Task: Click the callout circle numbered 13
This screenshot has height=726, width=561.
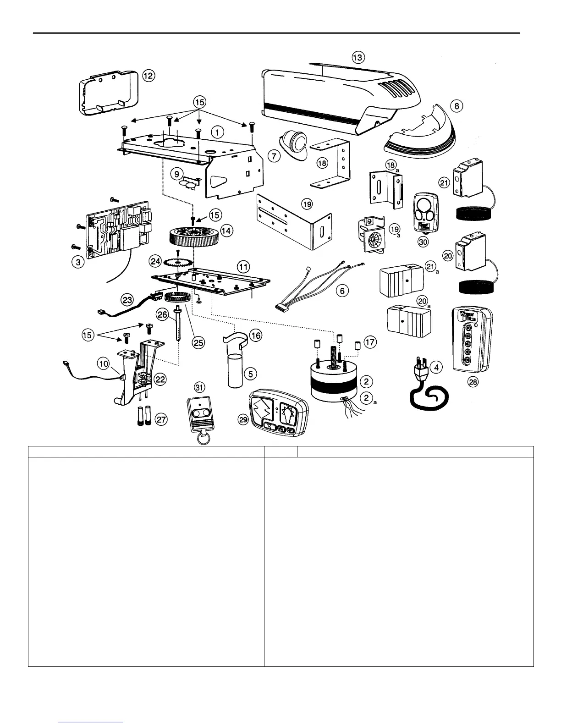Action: tap(358, 57)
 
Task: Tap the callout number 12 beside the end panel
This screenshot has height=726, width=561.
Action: tap(148, 76)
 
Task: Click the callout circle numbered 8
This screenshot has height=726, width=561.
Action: tap(456, 106)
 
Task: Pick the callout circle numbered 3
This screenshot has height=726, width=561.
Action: tap(78, 263)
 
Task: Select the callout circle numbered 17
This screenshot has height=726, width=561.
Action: tap(369, 341)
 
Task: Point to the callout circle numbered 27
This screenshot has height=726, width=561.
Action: tap(161, 419)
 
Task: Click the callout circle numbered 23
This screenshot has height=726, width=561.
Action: tap(127, 300)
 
